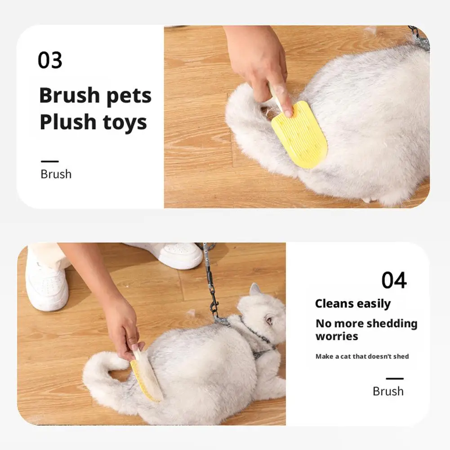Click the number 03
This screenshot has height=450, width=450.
click(50, 60)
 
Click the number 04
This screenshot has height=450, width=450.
click(394, 280)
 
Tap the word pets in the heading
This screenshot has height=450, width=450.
click(129, 96)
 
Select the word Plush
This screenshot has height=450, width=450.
click(68, 121)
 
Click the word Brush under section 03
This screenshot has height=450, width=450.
click(56, 174)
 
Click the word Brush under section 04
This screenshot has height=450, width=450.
click(388, 391)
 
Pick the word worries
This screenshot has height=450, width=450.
click(337, 336)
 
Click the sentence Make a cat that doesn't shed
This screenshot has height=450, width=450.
click(362, 356)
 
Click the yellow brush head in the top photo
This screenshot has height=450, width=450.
click(299, 134)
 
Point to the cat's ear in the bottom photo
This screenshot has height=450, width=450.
click(255, 290)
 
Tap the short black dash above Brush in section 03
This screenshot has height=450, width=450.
click(49, 161)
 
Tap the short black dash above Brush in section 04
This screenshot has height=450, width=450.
click(395, 379)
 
